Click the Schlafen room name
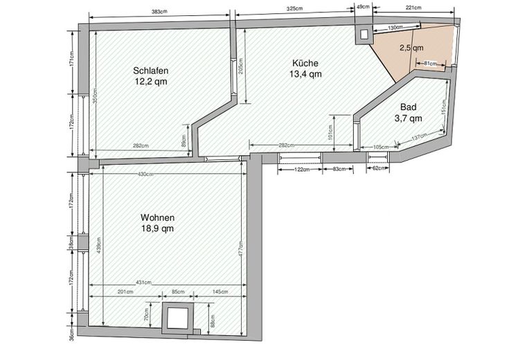pos(151,71)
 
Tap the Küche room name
pos(305,63)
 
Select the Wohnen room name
pos(158,217)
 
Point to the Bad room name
pos(409,107)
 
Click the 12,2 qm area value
pos(151,82)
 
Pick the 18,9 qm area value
pos(158,228)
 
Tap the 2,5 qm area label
pos(411,48)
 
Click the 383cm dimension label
pos(159,12)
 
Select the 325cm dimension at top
pos(295,9)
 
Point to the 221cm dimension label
pos(413,8)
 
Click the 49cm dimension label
pos(364,7)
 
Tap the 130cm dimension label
pos(395,28)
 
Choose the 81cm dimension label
pos(430,63)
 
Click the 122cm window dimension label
pos(302,170)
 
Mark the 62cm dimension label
pos(379,168)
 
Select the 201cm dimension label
pos(125,291)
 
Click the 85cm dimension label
pos(178,291)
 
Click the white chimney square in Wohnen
pos(177,318)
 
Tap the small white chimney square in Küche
pos(364,35)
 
